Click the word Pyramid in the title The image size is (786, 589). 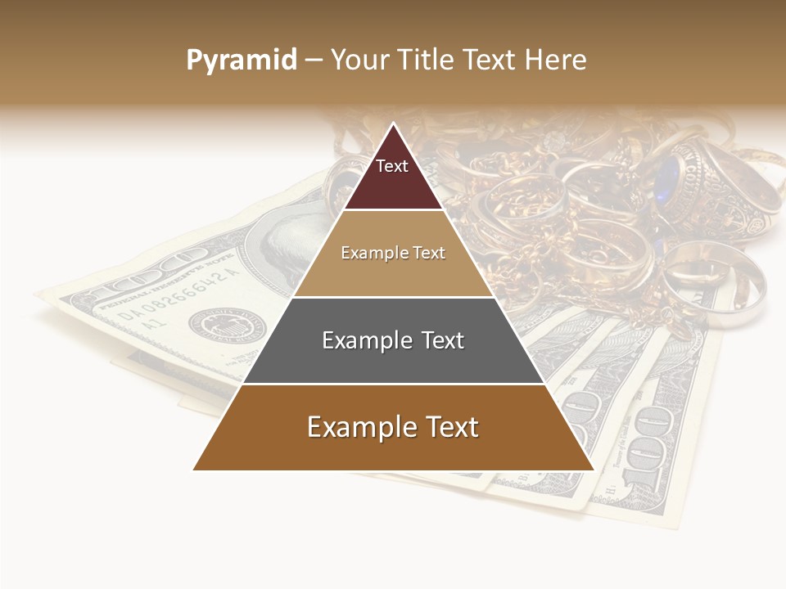(241, 61)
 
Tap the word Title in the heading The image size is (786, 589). (425, 61)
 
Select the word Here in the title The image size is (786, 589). (555, 61)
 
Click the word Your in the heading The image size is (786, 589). (359, 61)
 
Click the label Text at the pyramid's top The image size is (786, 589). (392, 166)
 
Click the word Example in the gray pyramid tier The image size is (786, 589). (360, 340)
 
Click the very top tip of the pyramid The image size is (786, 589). (393, 124)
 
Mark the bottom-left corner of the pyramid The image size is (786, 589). (193, 470)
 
